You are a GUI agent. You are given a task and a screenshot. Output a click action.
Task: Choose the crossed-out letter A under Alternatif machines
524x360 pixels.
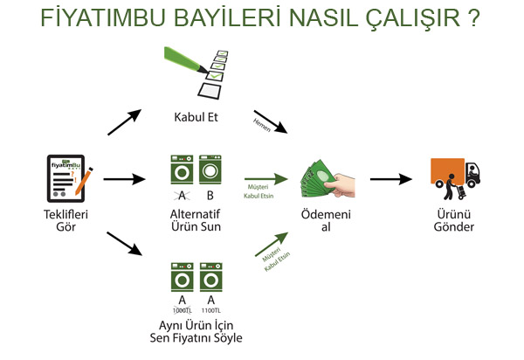coord(182,195)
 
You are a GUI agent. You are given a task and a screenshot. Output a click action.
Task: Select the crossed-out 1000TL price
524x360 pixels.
coord(182,311)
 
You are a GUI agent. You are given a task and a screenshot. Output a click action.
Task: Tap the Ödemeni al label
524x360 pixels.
coord(326,220)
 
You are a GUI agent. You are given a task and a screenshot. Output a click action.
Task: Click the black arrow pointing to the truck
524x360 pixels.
coord(390,179)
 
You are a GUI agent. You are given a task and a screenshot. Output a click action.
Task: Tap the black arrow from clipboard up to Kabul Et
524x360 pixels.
coord(125,122)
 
